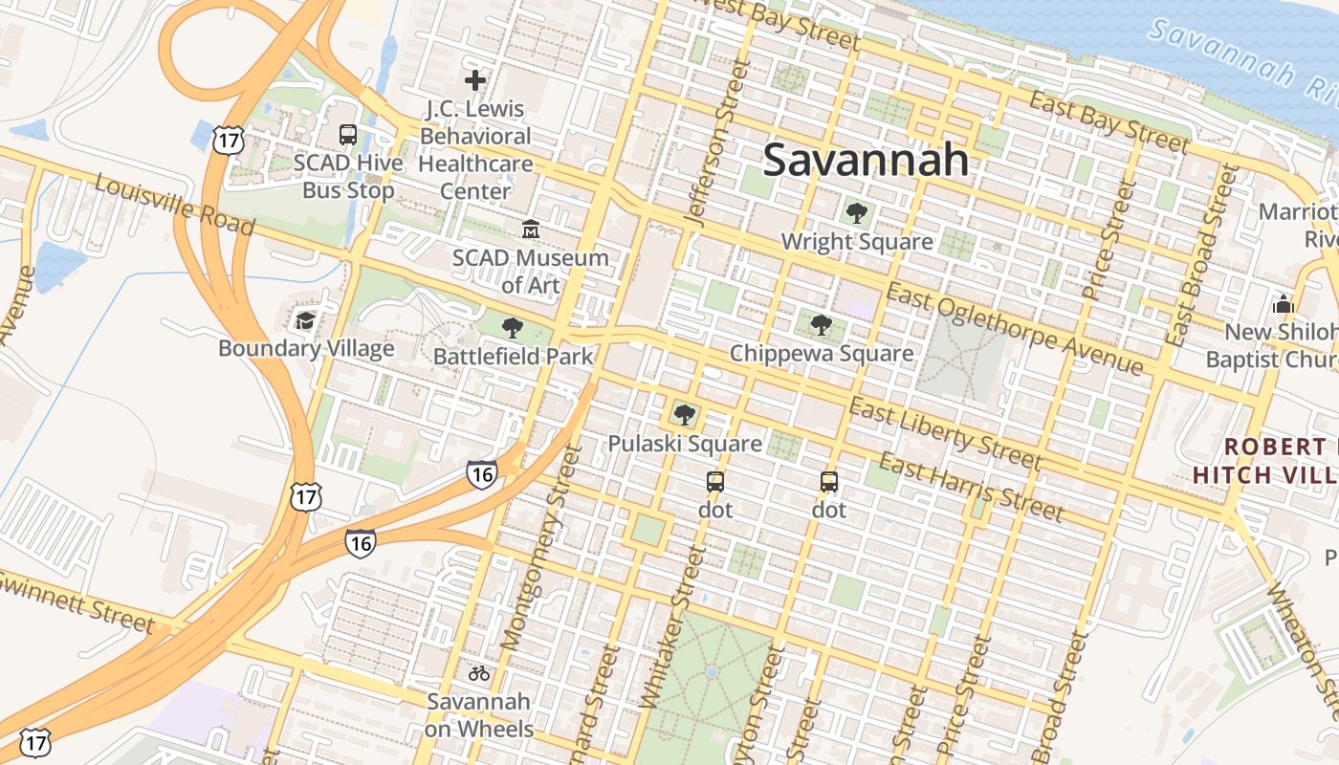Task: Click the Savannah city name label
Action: coord(866,160)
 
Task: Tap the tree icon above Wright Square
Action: coord(856,213)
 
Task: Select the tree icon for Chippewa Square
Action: coord(821,325)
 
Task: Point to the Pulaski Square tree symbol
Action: coord(684,415)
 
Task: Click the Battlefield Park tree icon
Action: coord(513,328)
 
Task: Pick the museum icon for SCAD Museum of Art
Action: coord(530,229)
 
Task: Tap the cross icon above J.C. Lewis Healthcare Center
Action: coord(474,80)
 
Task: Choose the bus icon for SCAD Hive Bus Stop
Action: coord(348,135)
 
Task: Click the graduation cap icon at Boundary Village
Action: coord(305,320)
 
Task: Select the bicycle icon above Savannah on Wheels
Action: coord(478,673)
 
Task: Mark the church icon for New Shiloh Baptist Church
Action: coord(1283,305)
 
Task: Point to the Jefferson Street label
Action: coord(715,143)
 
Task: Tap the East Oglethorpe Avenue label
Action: coord(1014,329)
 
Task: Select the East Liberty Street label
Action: coord(945,434)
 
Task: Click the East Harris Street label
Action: coord(971,489)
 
